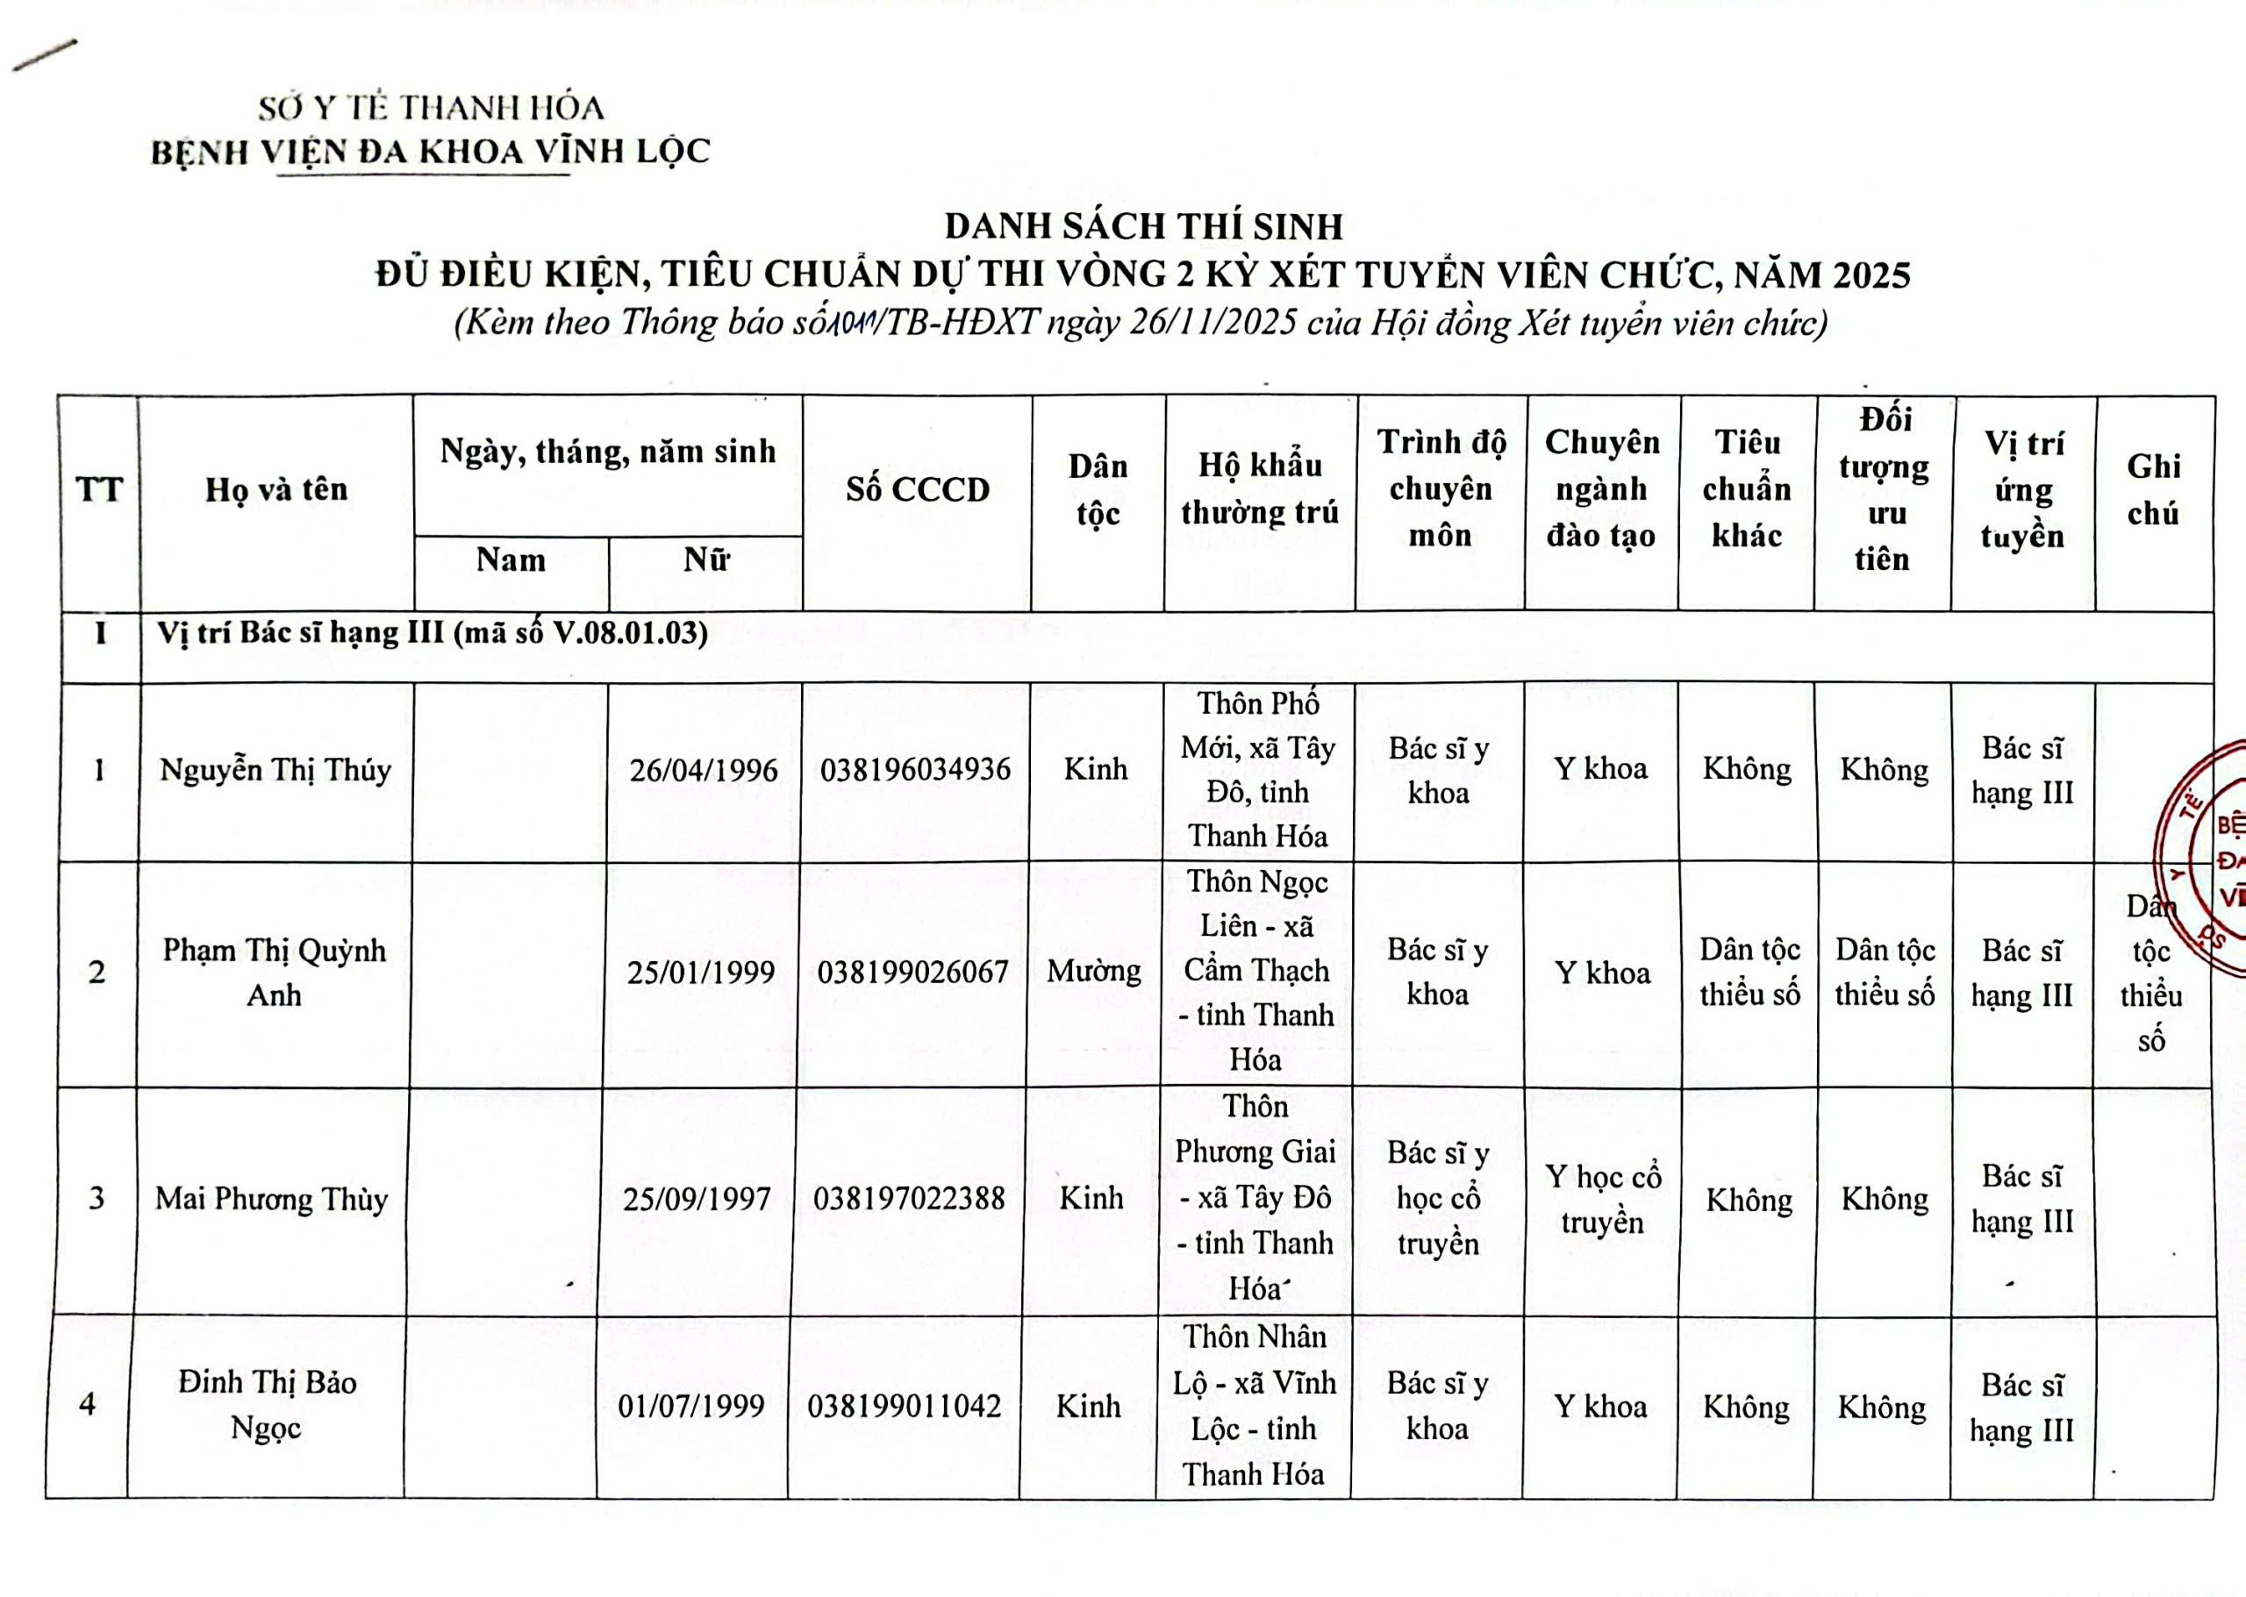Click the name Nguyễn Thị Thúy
coord(275,769)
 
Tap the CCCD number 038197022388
coord(909,1198)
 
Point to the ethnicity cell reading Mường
coord(1094,972)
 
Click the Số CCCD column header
coord(917,489)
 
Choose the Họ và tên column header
coord(276,489)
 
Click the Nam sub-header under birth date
coord(511,560)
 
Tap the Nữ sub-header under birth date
coord(706,560)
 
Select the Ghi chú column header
coord(2154,489)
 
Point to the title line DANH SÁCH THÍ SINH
coord(1143,227)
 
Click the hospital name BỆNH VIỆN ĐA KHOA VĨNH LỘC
coord(430,152)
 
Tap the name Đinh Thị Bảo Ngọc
coord(267,1404)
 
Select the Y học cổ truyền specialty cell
coord(1602,1200)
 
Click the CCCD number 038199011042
coord(905,1406)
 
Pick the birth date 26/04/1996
coord(704,770)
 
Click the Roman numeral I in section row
coord(100,632)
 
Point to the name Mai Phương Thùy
coord(271,1199)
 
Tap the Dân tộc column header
coord(1098,489)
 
